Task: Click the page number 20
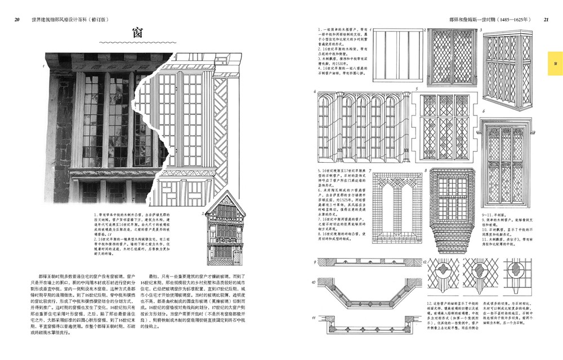coord(17,19)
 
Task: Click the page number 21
coord(546,19)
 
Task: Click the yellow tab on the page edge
coord(555,63)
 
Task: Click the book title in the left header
coord(70,19)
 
